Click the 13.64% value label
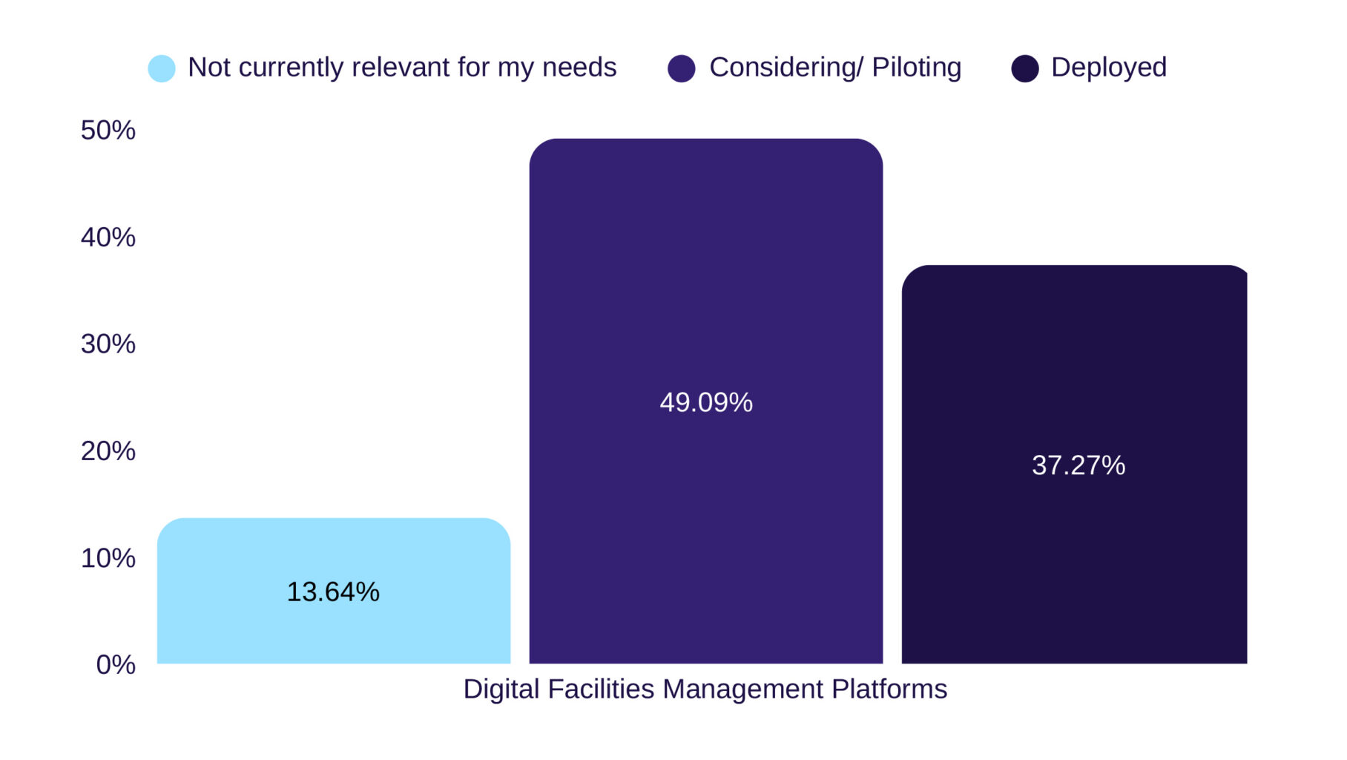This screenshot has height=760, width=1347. (x=333, y=592)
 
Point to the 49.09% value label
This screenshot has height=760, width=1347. (x=705, y=402)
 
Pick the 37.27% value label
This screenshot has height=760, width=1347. (x=1078, y=465)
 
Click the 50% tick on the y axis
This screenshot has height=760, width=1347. (x=108, y=131)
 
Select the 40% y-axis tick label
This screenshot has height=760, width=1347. (x=108, y=237)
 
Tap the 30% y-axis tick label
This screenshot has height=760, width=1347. (x=108, y=344)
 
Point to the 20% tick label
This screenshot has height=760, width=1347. (x=108, y=451)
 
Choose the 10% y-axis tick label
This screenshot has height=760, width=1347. (x=108, y=558)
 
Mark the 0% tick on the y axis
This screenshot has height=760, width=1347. (x=116, y=665)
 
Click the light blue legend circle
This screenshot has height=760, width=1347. (x=162, y=68)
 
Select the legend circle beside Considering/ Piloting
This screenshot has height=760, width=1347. (x=681, y=68)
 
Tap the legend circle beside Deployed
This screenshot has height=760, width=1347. (x=1024, y=68)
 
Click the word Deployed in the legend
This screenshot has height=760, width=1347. (x=1108, y=68)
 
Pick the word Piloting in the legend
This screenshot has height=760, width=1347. (x=916, y=68)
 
